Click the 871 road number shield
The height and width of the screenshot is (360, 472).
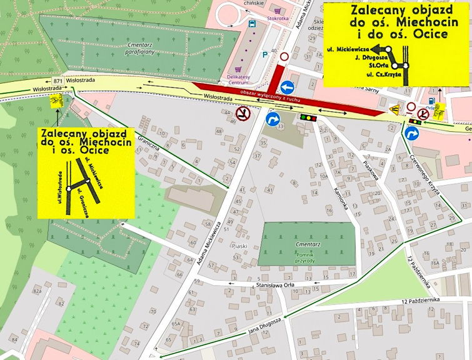[x=58, y=82]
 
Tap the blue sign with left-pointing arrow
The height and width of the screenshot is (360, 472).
[x=288, y=87]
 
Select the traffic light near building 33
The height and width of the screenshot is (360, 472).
[x=307, y=117]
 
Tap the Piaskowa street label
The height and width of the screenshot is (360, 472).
[x=371, y=171]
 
